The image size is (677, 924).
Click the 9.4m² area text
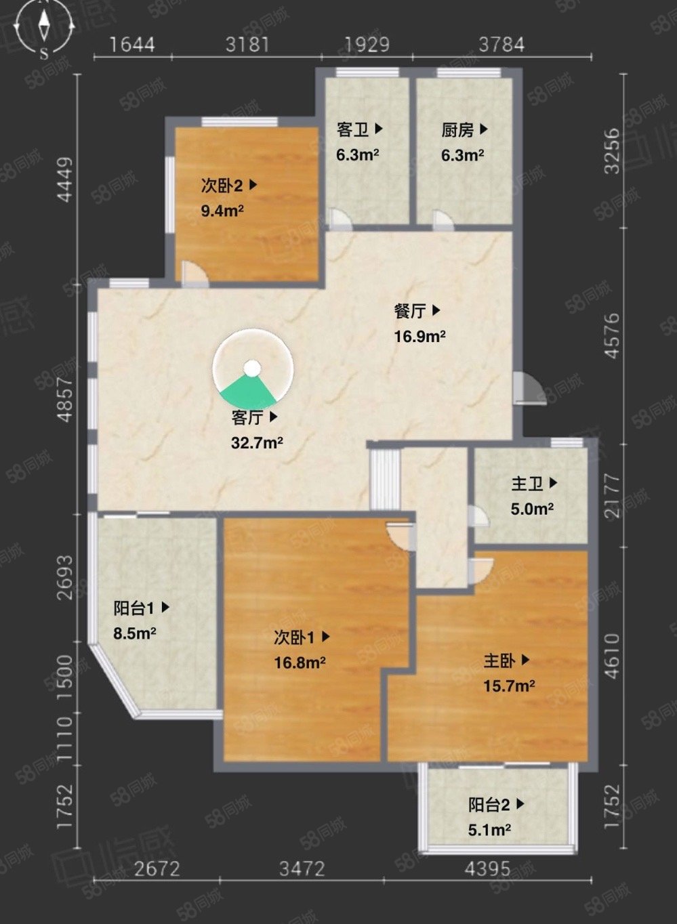pos(222,211)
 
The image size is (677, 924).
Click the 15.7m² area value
pos(509,686)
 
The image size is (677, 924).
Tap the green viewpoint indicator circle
pos(253,369)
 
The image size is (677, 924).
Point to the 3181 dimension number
pos(247,45)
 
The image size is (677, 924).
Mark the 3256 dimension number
pos(613,151)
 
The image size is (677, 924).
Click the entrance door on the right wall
pos(530,388)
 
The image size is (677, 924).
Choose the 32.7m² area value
pos(257,443)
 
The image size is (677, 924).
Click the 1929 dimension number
pos(367,45)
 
